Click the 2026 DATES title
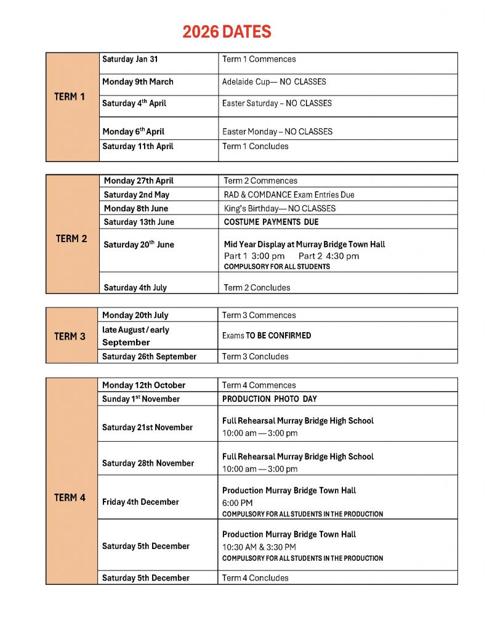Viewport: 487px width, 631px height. click(227, 32)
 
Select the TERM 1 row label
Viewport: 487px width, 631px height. click(70, 97)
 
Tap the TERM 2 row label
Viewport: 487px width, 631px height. click(71, 238)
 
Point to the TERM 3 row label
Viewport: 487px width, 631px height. click(70, 336)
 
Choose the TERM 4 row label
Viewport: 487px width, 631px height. click(70, 497)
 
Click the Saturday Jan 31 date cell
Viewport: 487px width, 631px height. click(130, 59)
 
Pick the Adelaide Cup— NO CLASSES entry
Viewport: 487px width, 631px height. click(274, 81)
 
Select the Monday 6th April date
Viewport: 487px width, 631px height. click(133, 131)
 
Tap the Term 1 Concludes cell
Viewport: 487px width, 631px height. click(255, 146)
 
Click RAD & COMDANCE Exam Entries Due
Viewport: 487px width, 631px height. click(289, 195)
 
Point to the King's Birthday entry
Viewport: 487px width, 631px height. click(280, 208)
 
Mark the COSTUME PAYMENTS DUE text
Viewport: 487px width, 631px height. click(271, 222)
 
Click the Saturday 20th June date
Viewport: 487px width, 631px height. click(139, 245)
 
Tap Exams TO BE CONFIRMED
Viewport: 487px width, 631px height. click(267, 336)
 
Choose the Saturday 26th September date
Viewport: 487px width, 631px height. click(149, 356)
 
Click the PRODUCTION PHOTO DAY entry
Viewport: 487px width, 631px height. click(270, 399)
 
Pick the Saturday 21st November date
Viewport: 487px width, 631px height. click(147, 427)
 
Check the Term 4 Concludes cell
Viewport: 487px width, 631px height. click(255, 578)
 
